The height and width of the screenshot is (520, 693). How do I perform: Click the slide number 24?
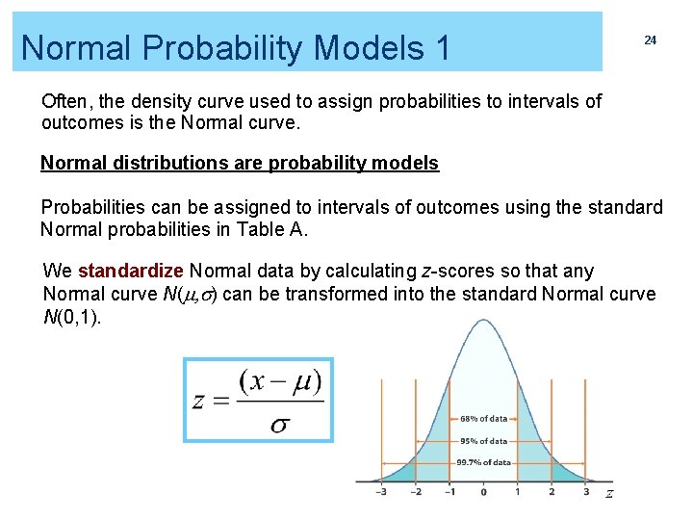tap(650, 40)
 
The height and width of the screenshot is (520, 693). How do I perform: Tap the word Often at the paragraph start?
tap(64, 101)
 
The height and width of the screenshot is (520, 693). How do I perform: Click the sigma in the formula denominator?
tap(280, 424)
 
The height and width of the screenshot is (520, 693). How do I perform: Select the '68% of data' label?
tap(483, 419)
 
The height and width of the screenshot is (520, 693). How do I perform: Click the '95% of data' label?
tap(483, 441)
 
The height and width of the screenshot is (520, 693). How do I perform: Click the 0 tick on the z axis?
tap(483, 492)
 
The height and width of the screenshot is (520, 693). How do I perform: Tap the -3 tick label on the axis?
tap(381, 492)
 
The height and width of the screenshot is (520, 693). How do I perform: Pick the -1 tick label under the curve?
tap(449, 492)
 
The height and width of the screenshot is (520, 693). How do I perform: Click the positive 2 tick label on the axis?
tap(552, 492)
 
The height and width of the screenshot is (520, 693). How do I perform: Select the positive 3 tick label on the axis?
tap(586, 492)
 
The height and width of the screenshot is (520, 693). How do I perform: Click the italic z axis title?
tap(608, 494)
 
